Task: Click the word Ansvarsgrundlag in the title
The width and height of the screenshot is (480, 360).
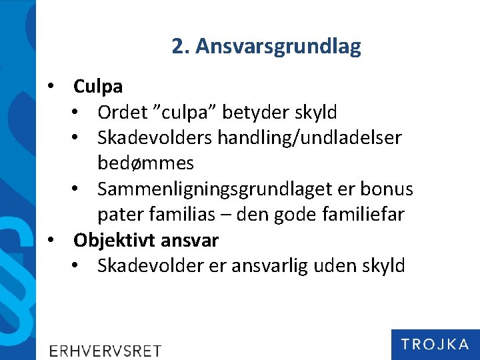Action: tap(278, 47)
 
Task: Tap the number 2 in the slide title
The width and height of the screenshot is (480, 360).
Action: tap(177, 47)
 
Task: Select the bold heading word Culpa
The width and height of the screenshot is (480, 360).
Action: tap(98, 87)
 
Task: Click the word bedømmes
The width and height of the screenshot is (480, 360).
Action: tap(145, 163)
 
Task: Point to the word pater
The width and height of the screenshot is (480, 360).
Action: tap(117, 215)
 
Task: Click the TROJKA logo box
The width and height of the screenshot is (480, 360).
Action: tap(435, 344)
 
